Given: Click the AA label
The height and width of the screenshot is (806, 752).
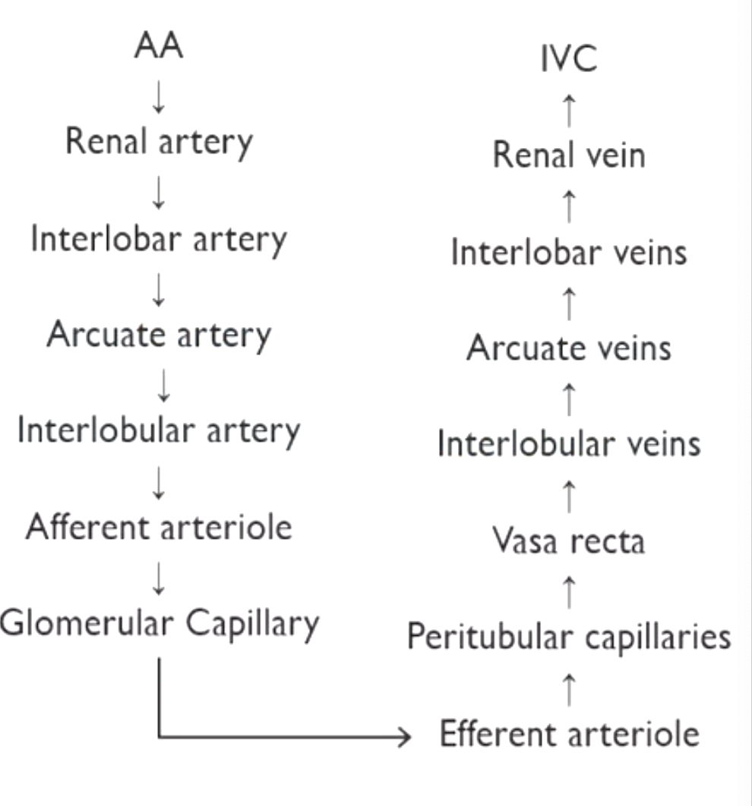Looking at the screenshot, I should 159,48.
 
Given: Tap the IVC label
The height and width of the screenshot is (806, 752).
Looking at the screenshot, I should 569,61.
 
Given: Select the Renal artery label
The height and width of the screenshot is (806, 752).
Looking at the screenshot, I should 159,143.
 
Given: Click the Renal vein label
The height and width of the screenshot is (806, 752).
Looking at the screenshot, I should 569,156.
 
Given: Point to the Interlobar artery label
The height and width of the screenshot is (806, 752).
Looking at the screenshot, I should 159,240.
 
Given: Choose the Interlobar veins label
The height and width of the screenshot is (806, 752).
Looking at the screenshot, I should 569,253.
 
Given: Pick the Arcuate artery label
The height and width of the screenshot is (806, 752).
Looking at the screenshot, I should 159,335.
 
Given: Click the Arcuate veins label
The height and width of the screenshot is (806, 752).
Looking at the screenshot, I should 569,348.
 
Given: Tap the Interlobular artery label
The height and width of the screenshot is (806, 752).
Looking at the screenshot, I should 159,431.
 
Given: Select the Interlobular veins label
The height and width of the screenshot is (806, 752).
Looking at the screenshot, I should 569,444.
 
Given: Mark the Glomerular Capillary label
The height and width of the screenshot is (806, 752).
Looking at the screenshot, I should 159,624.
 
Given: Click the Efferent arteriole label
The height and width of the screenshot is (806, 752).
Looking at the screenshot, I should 569,735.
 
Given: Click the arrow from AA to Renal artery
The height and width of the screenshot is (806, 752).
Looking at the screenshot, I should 159,96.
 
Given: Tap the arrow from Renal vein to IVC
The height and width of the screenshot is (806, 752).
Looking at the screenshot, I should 569,108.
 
